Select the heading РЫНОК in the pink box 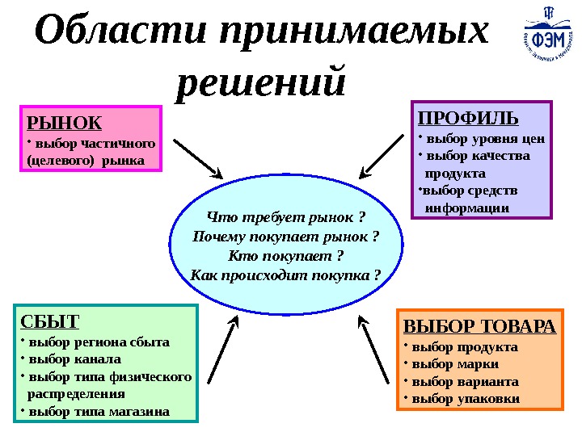[x=65, y=123]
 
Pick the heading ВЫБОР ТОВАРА [x=479, y=327]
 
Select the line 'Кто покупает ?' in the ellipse [x=285, y=256]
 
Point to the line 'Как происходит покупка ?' [x=285, y=275]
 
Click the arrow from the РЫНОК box [x=198, y=157]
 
